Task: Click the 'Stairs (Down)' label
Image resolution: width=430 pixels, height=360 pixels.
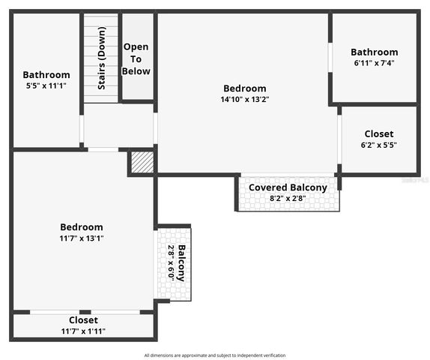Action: click(101, 58)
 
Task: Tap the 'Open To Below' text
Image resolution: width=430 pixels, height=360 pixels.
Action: click(136, 58)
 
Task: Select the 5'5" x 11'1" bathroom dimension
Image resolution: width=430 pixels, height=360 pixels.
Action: click(46, 86)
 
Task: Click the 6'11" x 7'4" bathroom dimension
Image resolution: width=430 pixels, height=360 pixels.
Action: click(374, 63)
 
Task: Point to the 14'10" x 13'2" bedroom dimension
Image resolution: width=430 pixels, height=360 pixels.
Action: click(244, 99)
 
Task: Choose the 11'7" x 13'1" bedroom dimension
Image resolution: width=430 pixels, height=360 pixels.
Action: click(82, 238)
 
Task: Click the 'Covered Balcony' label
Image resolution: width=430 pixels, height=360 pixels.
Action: click(288, 187)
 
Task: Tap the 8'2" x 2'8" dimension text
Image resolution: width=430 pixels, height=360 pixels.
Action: click(288, 199)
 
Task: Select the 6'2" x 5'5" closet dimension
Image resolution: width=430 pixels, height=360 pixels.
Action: click(378, 145)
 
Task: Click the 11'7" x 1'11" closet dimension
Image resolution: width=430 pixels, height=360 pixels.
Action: click(83, 331)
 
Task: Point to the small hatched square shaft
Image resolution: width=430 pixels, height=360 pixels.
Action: click(142, 162)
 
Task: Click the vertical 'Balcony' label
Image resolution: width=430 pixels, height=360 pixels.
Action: click(182, 263)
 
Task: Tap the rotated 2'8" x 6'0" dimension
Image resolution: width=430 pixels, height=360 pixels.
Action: click(171, 263)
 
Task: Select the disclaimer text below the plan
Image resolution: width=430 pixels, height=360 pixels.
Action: click(215, 355)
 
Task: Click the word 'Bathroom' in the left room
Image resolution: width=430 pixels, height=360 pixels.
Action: click(46, 75)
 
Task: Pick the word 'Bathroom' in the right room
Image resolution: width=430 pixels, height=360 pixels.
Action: click(374, 52)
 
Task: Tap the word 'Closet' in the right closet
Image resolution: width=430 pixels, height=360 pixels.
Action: click(378, 133)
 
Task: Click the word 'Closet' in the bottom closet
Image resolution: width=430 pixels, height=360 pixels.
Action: click(83, 320)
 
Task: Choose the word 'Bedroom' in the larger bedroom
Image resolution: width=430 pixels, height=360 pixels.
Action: click(244, 88)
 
